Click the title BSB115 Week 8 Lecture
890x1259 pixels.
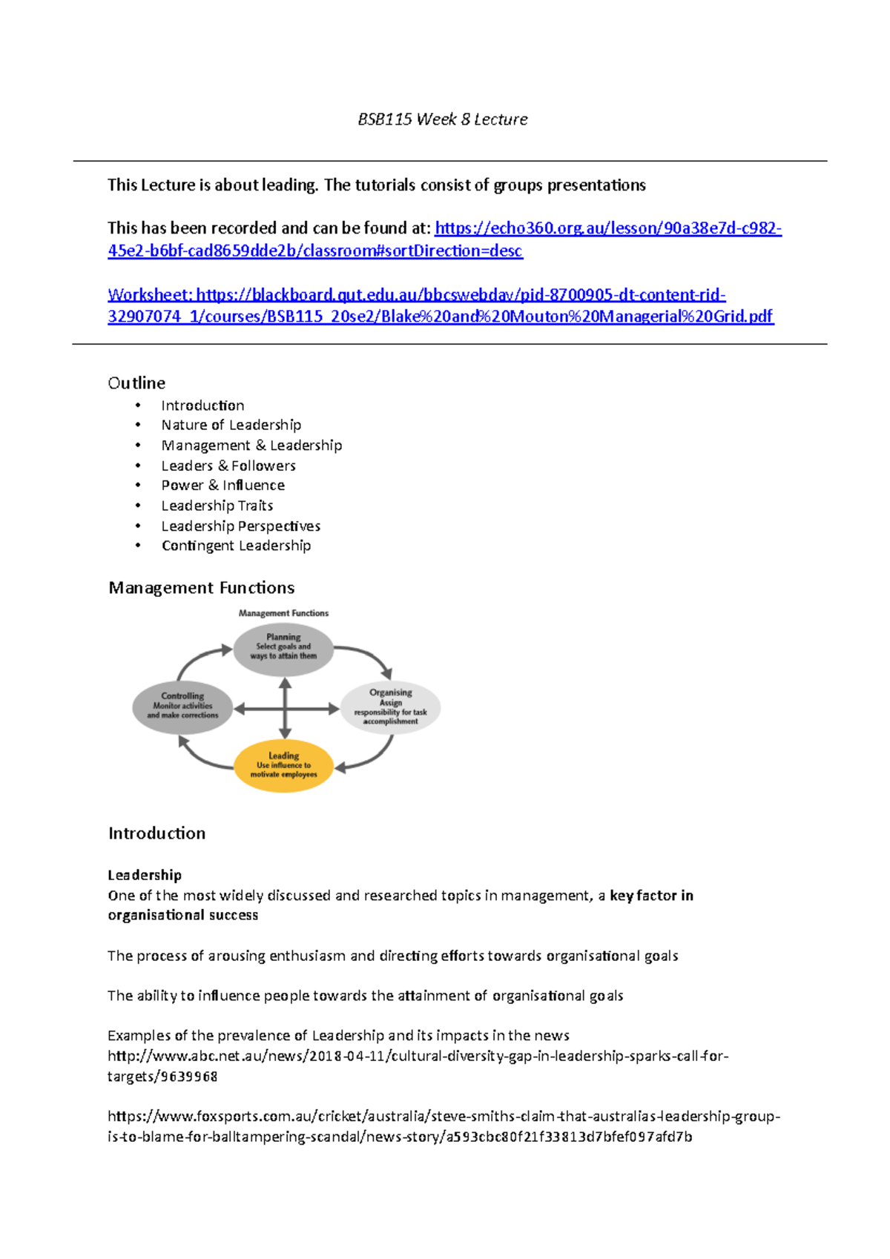[x=443, y=119]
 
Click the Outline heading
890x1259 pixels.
[x=136, y=383]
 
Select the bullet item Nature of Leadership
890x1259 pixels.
[x=231, y=425]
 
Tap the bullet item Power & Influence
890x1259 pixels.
[x=223, y=485]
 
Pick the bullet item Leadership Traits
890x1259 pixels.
[x=217, y=506]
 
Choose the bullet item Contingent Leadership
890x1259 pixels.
[x=236, y=546]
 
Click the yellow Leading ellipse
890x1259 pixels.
[x=283, y=765]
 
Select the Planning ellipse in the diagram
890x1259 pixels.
[x=283, y=650]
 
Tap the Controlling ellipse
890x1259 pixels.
[x=182, y=707]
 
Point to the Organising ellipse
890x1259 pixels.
[x=390, y=707]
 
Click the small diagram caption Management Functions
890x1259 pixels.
[x=283, y=613]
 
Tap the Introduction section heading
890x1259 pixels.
[x=156, y=833]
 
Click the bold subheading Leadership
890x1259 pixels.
[x=145, y=875]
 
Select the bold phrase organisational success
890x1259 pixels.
[x=183, y=916]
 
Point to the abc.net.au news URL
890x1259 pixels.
[x=418, y=1056]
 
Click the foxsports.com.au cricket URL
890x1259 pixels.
[x=443, y=1117]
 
